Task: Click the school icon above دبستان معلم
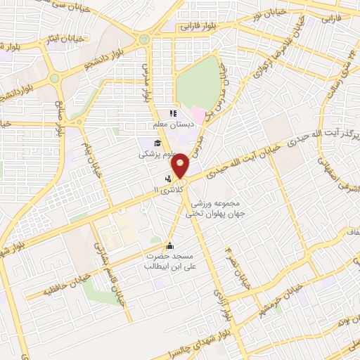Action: (x=172, y=113)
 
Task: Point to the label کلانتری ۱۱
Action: (x=169, y=191)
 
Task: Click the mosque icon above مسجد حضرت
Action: (x=169, y=245)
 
